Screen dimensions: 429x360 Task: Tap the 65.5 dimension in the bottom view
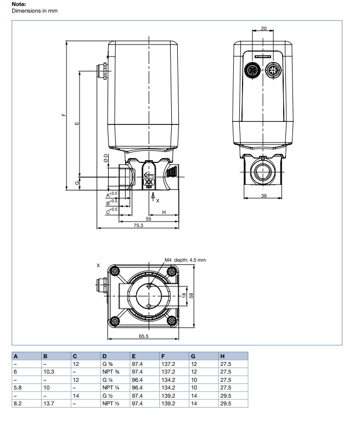coord(144,336)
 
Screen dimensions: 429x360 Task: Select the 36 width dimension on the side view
coord(263,196)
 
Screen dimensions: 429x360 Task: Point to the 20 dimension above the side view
coord(264,28)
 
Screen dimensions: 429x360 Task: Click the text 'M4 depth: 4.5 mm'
coord(185,259)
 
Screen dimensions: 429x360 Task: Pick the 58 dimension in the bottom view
coord(192,295)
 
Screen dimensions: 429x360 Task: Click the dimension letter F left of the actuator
coord(64,115)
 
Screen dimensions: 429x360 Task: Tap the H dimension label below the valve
coord(164,211)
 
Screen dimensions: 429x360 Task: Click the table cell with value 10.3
coord(49,371)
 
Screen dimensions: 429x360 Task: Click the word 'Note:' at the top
coord(19,4)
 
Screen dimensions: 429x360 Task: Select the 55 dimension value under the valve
coord(148,218)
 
